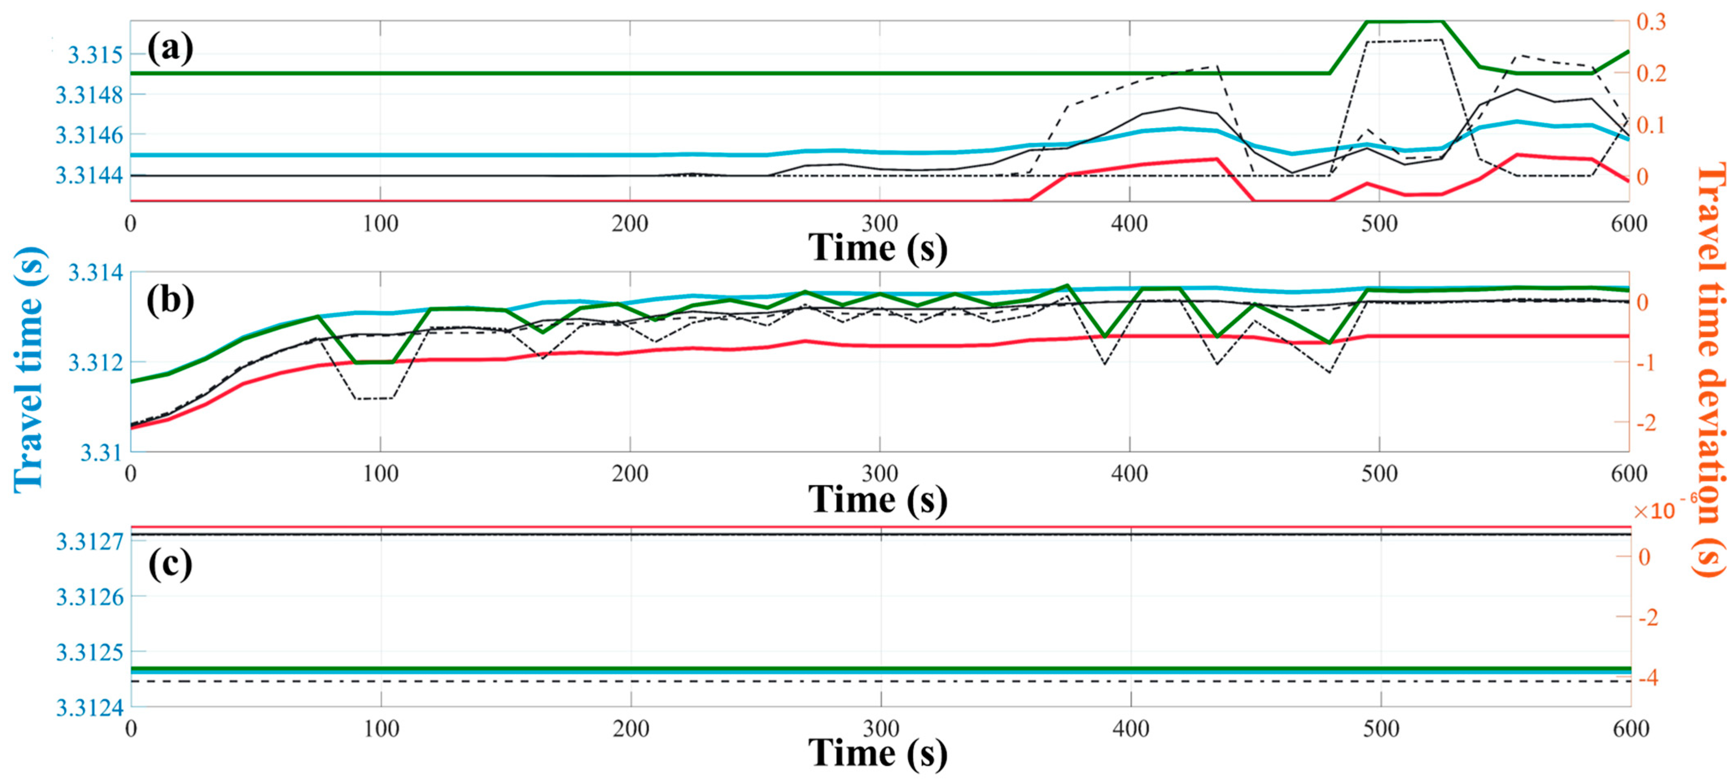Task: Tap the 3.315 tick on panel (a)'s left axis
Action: (x=96, y=55)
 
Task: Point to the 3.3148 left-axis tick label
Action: (x=90, y=95)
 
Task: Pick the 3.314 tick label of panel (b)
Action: (x=96, y=273)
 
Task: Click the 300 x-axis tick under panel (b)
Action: (x=880, y=474)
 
